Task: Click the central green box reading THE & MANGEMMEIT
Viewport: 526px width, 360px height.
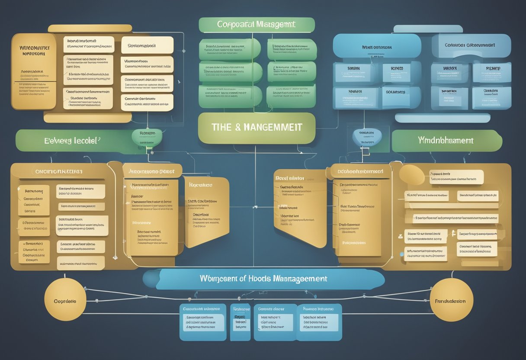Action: click(257, 128)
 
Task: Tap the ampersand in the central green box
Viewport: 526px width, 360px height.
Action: click(237, 128)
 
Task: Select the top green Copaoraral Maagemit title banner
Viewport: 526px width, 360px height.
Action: click(257, 25)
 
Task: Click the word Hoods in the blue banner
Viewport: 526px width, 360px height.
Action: click(260, 279)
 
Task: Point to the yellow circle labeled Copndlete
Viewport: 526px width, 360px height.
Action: click(65, 300)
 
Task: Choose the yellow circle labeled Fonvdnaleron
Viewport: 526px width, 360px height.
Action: click(451, 300)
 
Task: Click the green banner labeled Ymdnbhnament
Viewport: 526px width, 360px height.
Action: click(446, 141)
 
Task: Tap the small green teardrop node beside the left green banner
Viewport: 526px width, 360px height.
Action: click(147, 137)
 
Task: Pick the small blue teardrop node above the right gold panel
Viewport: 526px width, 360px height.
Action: click(367, 137)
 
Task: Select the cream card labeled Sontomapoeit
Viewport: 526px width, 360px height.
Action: click(147, 45)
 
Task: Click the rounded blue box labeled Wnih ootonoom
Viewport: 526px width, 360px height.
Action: click(377, 47)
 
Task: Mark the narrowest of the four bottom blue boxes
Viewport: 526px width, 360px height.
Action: click(240, 321)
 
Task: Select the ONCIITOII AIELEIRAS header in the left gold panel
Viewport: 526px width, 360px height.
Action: click(58, 171)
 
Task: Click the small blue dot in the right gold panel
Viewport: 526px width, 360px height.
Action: click(402, 254)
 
